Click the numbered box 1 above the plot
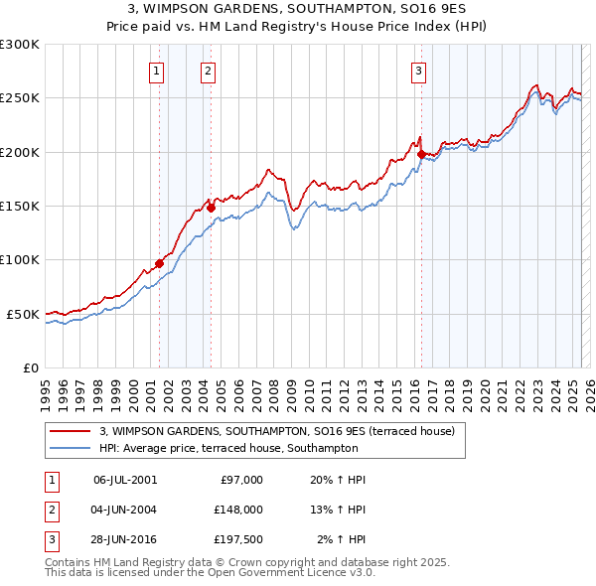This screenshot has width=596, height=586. pos(157,71)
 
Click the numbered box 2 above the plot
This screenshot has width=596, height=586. pos(208,71)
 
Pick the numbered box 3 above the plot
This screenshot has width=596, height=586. pos(419,71)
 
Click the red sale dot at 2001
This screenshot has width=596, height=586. pos(159,263)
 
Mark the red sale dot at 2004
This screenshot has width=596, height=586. pos(211,208)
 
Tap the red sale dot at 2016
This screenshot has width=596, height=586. pos(421,155)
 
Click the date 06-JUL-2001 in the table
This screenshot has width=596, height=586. pos(124,480)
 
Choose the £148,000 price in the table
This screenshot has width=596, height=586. pos(238,510)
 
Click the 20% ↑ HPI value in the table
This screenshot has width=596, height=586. pos(339,480)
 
